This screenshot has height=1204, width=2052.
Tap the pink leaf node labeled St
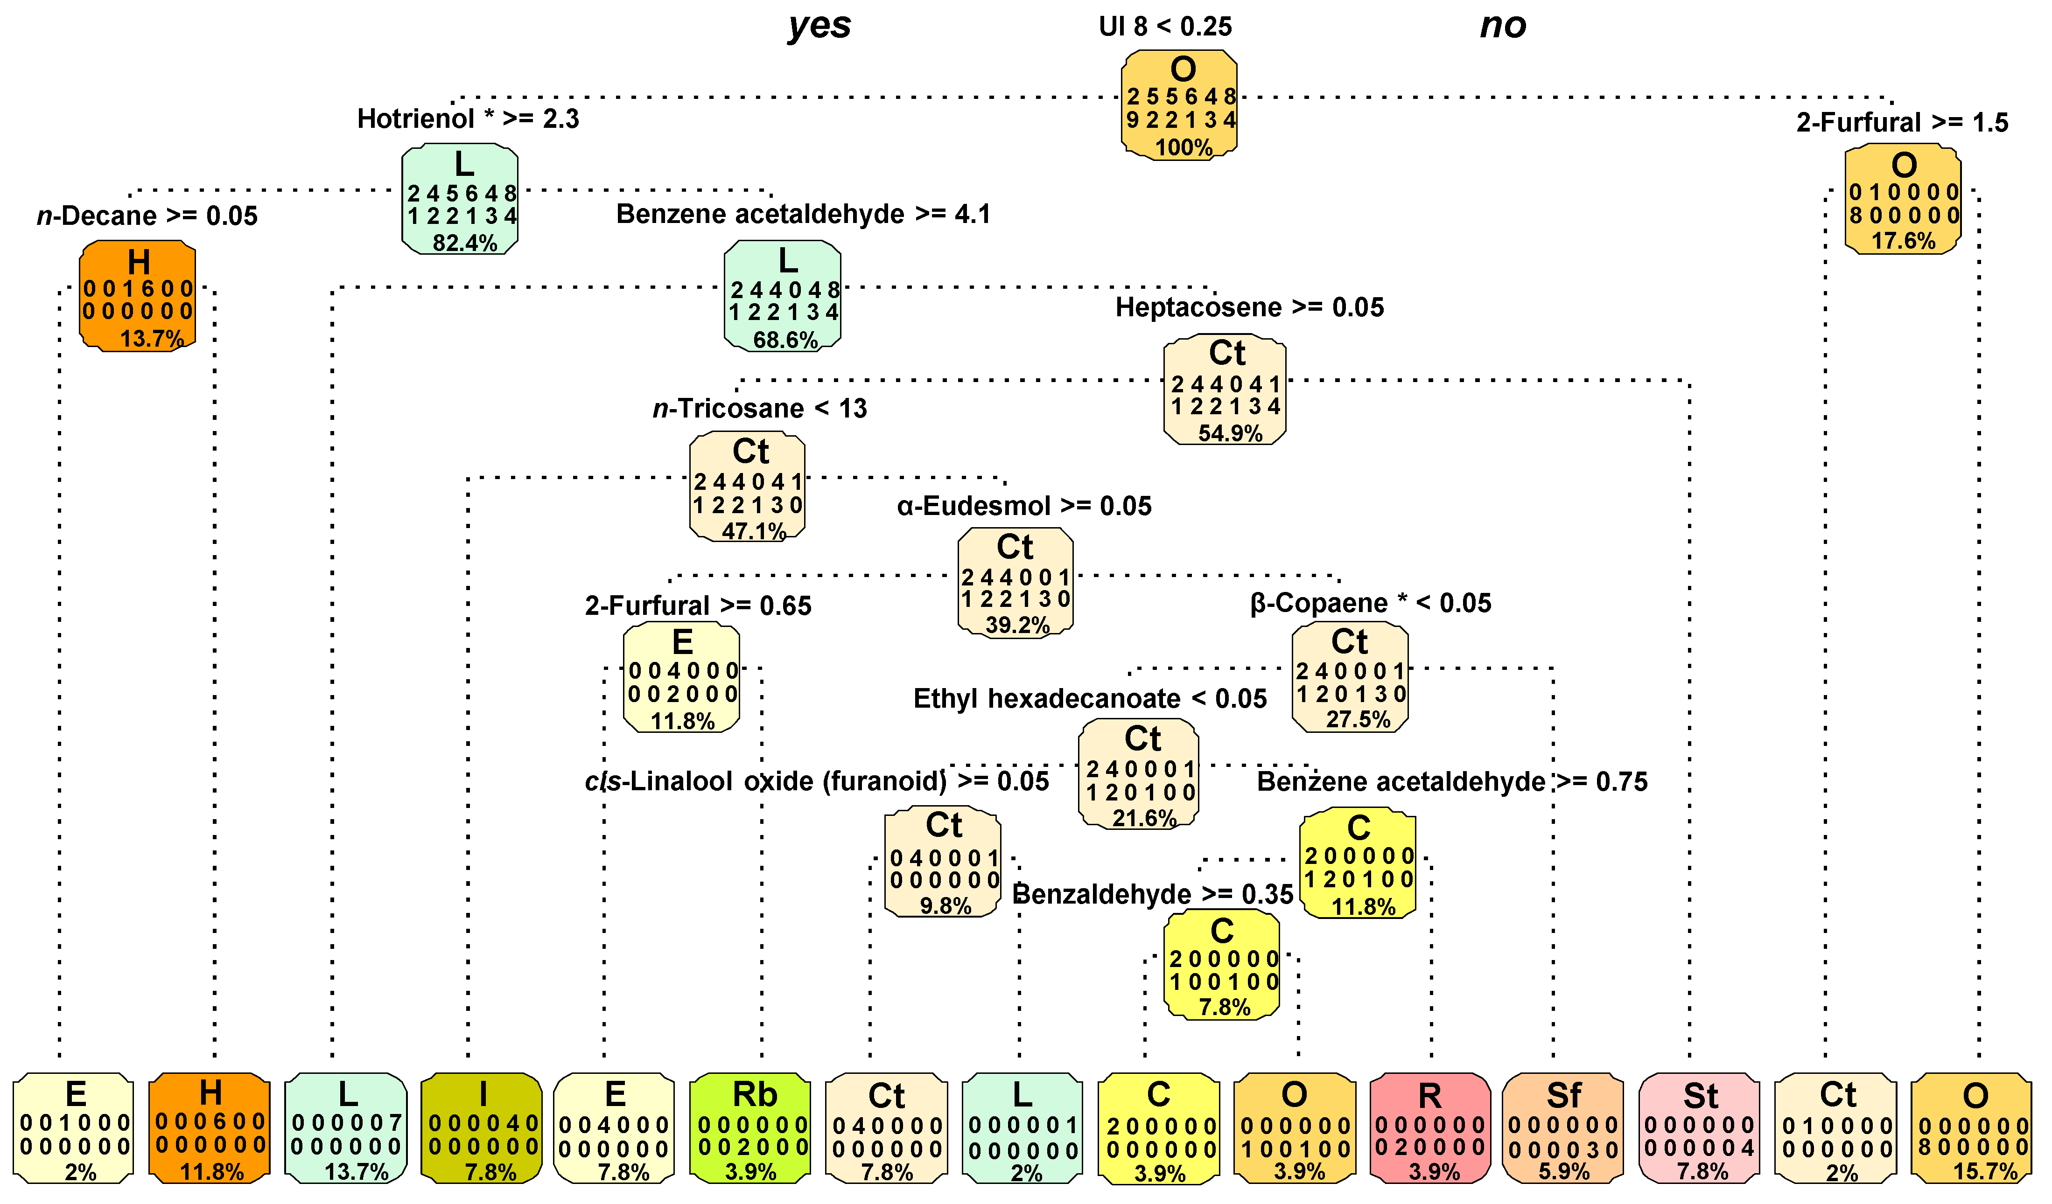[1699, 1127]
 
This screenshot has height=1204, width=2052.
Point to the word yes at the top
[819, 26]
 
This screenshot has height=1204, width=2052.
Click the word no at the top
[1502, 26]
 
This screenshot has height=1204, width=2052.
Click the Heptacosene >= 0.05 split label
[1249, 308]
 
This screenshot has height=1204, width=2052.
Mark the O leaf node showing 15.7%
[1971, 1127]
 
